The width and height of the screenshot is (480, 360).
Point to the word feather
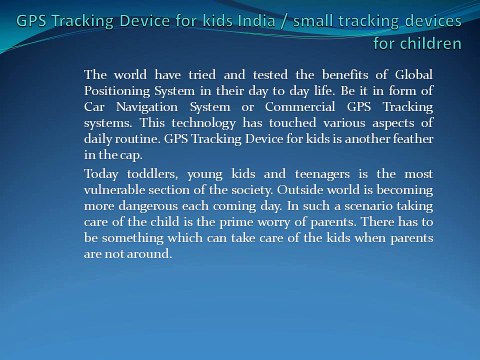click(x=408, y=139)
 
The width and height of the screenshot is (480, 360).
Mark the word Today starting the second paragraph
click(x=103, y=174)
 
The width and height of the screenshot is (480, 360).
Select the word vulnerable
click(x=122, y=189)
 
